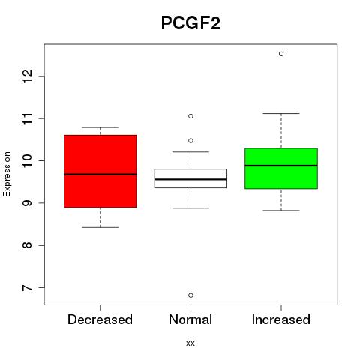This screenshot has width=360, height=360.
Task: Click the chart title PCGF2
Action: click(190, 22)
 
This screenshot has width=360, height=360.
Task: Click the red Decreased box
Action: click(100, 171)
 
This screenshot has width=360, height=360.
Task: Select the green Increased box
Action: click(281, 169)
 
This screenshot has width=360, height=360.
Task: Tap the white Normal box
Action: click(190, 178)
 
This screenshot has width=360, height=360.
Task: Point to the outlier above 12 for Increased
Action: click(281, 54)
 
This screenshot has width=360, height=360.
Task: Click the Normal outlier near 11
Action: click(190, 116)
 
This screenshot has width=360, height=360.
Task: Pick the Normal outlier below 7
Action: click(190, 295)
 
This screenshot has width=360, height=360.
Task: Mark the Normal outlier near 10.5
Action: click(190, 141)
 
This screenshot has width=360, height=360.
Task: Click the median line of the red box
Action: click(100, 175)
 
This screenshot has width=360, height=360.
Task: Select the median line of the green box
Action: click(281, 166)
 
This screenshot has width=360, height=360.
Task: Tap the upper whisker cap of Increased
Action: click(281, 113)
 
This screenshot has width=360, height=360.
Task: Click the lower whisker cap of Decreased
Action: click(100, 227)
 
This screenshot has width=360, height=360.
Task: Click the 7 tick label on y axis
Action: click(28, 288)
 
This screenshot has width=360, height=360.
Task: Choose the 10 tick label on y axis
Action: click(28, 160)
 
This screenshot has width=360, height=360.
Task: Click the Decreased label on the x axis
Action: click(100, 319)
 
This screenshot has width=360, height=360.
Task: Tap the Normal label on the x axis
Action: click(190, 319)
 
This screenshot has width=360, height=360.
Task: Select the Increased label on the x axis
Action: click(281, 319)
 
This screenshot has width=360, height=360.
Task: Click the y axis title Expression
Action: click(7, 174)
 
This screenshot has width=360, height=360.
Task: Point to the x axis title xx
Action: click(190, 343)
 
